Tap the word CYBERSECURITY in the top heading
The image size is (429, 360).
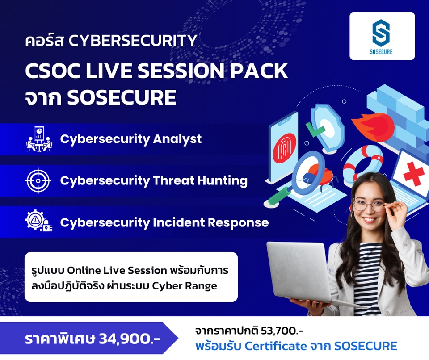tap(133, 41)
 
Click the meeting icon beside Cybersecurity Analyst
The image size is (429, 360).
tap(39, 139)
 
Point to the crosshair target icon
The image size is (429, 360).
tap(38, 181)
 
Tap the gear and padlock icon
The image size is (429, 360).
tap(38, 221)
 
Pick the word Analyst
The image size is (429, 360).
tap(177, 139)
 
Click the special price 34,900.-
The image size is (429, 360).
tap(130, 339)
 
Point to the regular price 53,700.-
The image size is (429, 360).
tap(282, 331)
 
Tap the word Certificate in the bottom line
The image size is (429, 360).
tap(276, 346)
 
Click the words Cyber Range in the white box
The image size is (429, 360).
tap(185, 286)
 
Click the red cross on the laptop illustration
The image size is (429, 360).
tap(414, 173)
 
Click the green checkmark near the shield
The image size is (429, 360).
tap(314, 130)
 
